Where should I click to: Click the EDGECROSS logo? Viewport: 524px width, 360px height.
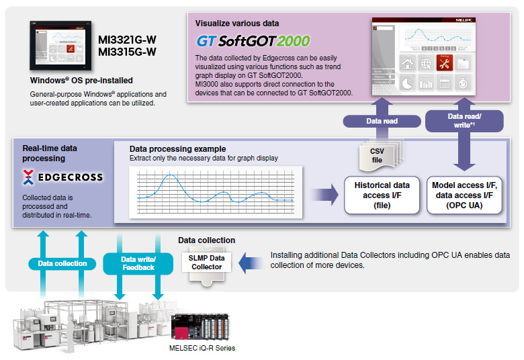click(62, 177)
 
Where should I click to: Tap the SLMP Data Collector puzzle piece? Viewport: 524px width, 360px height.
click(206, 262)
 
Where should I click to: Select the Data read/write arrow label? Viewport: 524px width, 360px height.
click(465, 121)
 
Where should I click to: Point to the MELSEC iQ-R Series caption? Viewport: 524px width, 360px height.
click(202, 348)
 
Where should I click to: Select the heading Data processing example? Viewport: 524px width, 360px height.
click(177, 148)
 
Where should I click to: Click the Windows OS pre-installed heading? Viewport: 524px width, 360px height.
click(81, 80)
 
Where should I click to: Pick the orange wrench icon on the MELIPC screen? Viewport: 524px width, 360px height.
click(444, 64)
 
